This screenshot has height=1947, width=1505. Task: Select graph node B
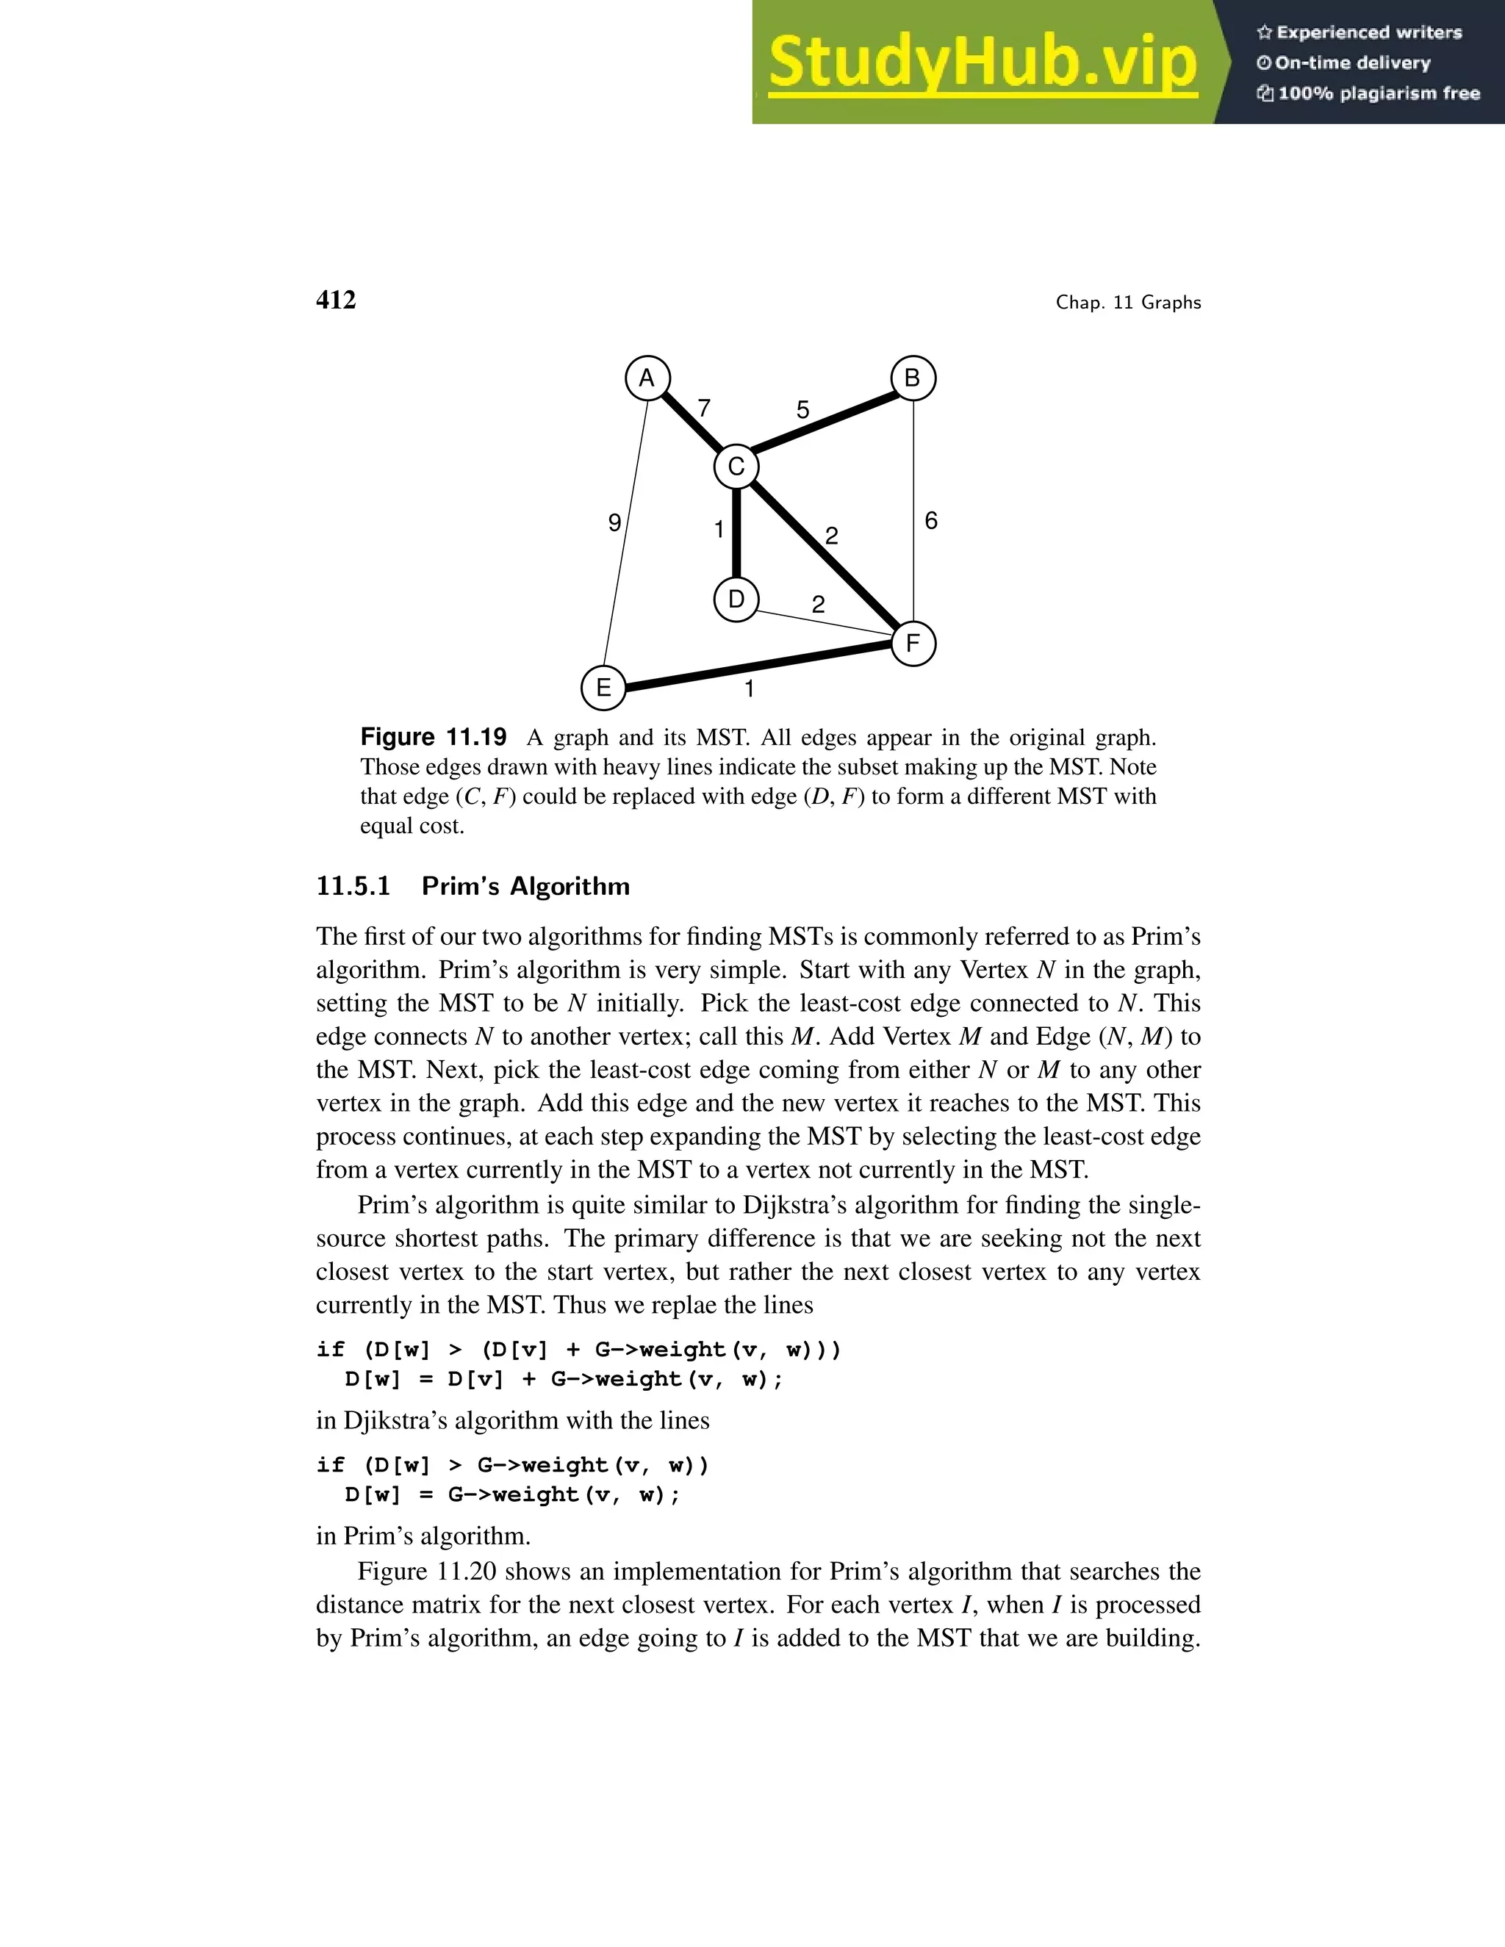point(913,378)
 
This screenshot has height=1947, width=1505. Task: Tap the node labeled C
point(736,467)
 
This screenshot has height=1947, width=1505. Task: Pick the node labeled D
point(736,599)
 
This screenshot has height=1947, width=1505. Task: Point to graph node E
point(603,688)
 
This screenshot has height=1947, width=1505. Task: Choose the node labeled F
point(913,644)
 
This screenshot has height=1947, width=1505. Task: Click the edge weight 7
point(703,409)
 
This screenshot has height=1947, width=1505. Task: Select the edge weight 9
point(614,523)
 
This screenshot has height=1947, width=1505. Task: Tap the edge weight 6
point(931,521)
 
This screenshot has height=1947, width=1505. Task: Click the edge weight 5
point(802,410)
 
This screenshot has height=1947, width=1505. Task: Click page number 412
point(336,300)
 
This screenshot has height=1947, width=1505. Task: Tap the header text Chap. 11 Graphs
point(1128,302)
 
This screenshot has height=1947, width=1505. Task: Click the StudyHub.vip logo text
point(982,62)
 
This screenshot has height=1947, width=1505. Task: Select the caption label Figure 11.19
point(434,737)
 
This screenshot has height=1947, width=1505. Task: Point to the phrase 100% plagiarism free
point(1378,93)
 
